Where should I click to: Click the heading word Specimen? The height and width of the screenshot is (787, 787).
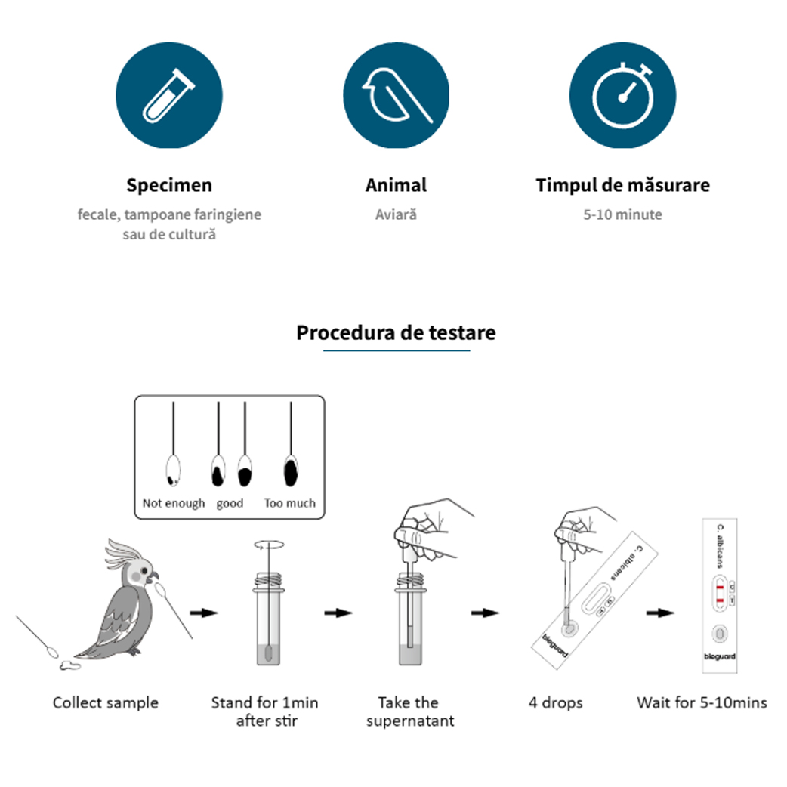coord(169,185)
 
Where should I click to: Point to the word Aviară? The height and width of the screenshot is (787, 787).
coord(396,214)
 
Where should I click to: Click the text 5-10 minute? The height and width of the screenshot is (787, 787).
coord(622,214)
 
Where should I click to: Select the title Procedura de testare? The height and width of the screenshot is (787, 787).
coord(396,332)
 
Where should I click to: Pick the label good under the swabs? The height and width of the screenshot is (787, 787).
coord(230,503)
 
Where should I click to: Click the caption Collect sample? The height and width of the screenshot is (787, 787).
coord(106,703)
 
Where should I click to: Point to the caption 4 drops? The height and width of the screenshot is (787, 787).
coord(555,703)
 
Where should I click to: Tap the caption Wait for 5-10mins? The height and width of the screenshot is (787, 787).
coord(702,703)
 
